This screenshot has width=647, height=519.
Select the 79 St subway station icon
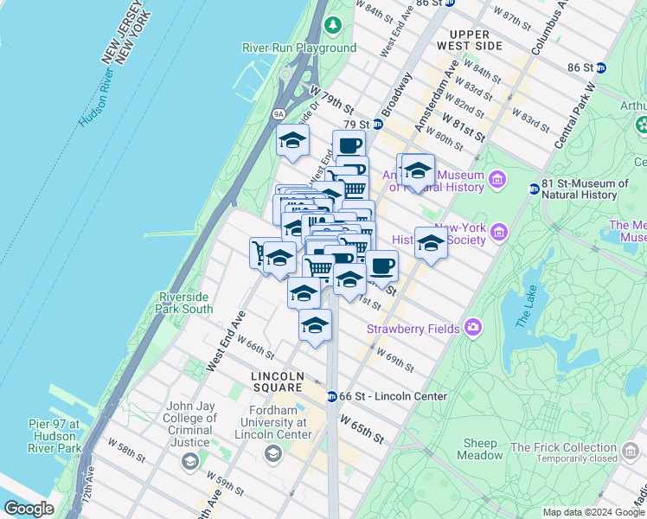click(x=377, y=125)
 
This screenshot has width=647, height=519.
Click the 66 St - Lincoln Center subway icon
click(x=331, y=397)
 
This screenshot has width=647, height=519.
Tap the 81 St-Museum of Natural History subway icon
click(x=534, y=189)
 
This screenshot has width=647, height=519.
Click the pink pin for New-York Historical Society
click(x=498, y=232)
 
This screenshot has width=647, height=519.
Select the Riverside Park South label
click(x=185, y=303)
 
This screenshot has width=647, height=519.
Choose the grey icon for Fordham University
click(x=273, y=453)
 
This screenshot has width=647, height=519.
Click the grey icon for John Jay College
click(x=190, y=462)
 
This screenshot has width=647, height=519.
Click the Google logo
click(x=29, y=509)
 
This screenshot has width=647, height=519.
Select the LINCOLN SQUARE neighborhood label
click(x=277, y=376)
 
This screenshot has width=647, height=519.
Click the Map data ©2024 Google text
click(x=593, y=512)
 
